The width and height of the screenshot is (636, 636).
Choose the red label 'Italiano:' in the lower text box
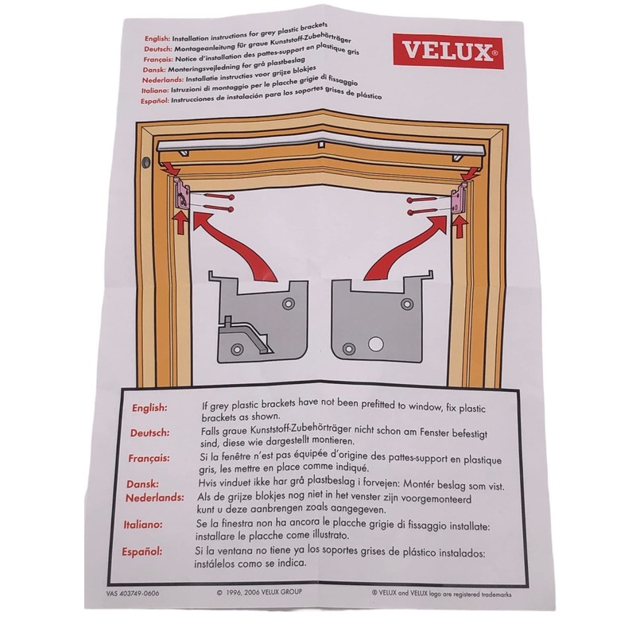click(145, 524)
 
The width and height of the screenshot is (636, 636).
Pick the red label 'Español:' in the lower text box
click(145, 550)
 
